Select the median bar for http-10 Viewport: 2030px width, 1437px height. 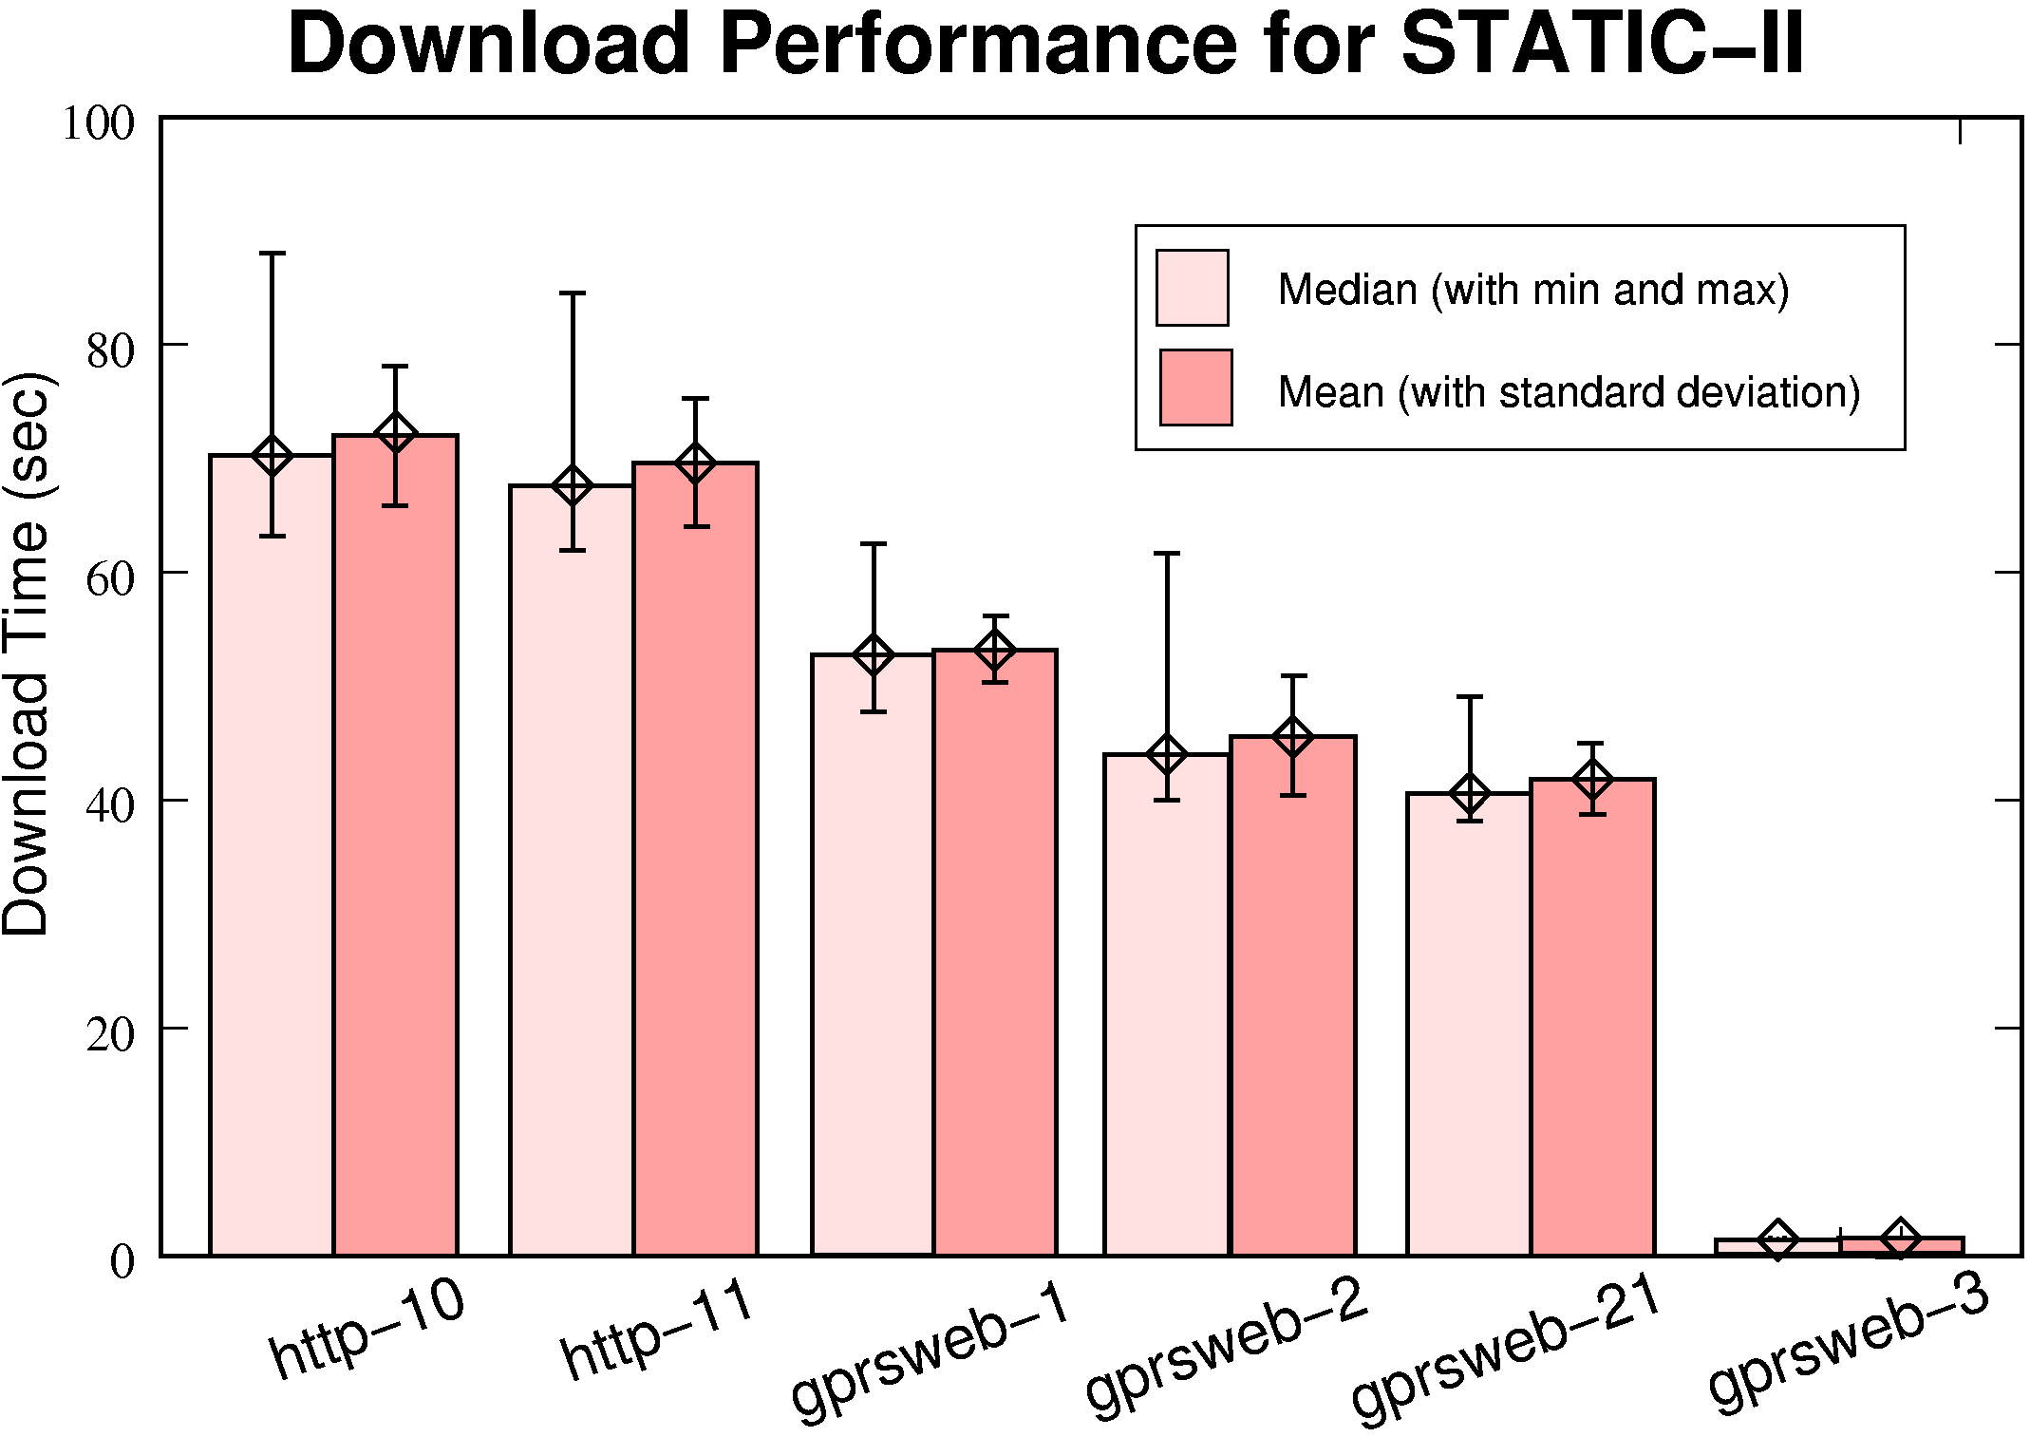272,855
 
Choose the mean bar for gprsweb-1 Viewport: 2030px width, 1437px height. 995,950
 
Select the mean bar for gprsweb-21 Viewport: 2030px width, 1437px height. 1592,1016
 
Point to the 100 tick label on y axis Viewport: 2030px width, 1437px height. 99,123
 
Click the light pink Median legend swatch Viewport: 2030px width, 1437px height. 1192,288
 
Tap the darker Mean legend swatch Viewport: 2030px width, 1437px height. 1195,388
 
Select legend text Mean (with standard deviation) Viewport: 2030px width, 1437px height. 1569,391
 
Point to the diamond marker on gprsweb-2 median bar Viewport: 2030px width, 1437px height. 1166,755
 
